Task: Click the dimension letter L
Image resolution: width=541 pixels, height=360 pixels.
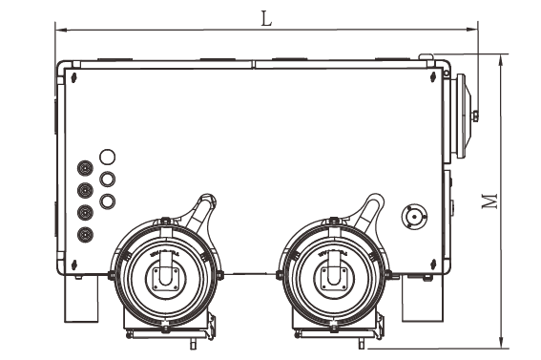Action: [x=266, y=19]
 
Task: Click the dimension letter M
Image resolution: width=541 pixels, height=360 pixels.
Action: [x=490, y=201]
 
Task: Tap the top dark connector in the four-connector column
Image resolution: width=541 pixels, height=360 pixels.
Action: [x=85, y=168]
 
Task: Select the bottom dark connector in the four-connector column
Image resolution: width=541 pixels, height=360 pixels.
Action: [x=85, y=235]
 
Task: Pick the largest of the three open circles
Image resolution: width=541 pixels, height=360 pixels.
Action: [x=107, y=157]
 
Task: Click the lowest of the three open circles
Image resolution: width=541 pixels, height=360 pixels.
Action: [x=107, y=201]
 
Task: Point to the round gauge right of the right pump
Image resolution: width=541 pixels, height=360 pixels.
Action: [x=414, y=217]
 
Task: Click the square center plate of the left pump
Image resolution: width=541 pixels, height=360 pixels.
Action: [x=166, y=279]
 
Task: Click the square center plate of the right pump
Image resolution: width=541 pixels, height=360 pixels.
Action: [x=334, y=279]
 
